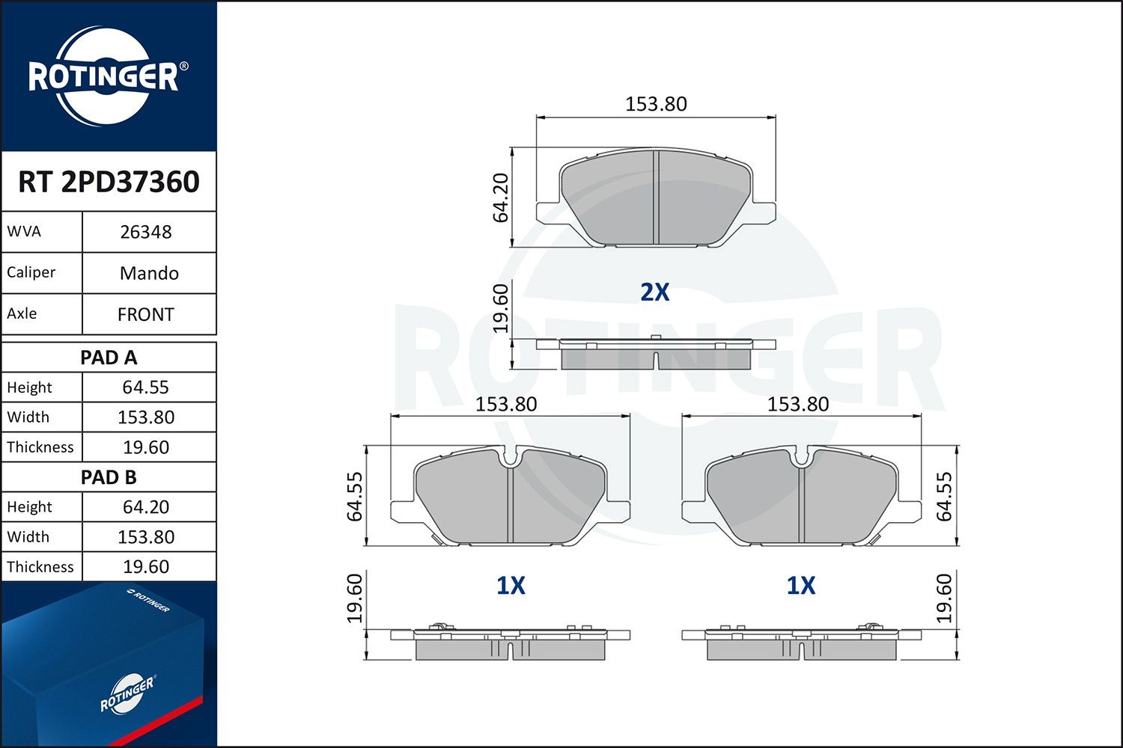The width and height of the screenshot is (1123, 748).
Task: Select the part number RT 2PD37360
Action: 109,182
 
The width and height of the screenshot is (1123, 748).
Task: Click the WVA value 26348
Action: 146,232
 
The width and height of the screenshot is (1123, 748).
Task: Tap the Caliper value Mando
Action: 149,273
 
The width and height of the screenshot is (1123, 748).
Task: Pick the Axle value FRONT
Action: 146,314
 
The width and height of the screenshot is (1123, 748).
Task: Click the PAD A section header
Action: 109,358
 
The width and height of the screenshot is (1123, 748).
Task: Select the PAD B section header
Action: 109,477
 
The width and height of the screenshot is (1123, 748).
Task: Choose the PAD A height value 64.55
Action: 146,387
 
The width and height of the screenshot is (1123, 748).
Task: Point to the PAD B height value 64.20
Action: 146,507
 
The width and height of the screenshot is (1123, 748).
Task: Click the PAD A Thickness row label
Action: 40,447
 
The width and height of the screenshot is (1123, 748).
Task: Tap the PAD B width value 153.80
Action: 146,537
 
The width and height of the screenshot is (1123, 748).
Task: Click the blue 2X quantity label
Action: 654,292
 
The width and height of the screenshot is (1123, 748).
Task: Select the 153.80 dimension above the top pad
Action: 656,104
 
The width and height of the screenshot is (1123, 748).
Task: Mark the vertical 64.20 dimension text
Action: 501,197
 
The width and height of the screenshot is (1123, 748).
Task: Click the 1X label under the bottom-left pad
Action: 511,586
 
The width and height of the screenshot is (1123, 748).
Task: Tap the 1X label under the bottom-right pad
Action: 800,586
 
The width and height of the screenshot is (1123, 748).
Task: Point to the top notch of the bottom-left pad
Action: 510,457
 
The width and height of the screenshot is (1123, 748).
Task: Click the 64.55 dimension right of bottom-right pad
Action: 944,496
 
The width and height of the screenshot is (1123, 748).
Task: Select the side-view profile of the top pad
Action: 656,355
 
